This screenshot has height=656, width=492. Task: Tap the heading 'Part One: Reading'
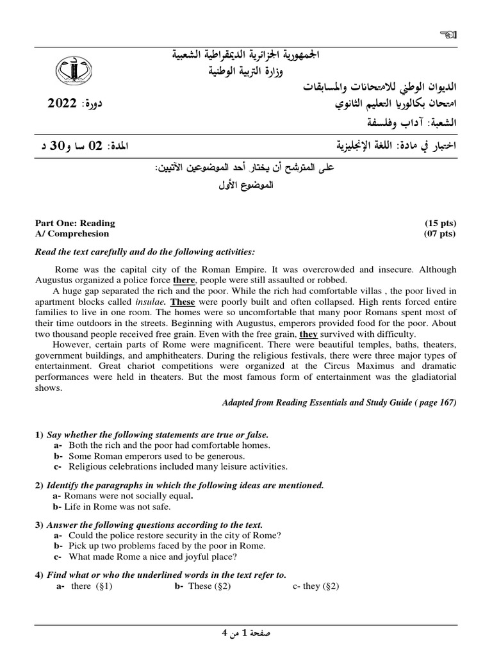(75, 223)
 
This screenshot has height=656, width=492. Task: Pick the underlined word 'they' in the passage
(308, 334)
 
